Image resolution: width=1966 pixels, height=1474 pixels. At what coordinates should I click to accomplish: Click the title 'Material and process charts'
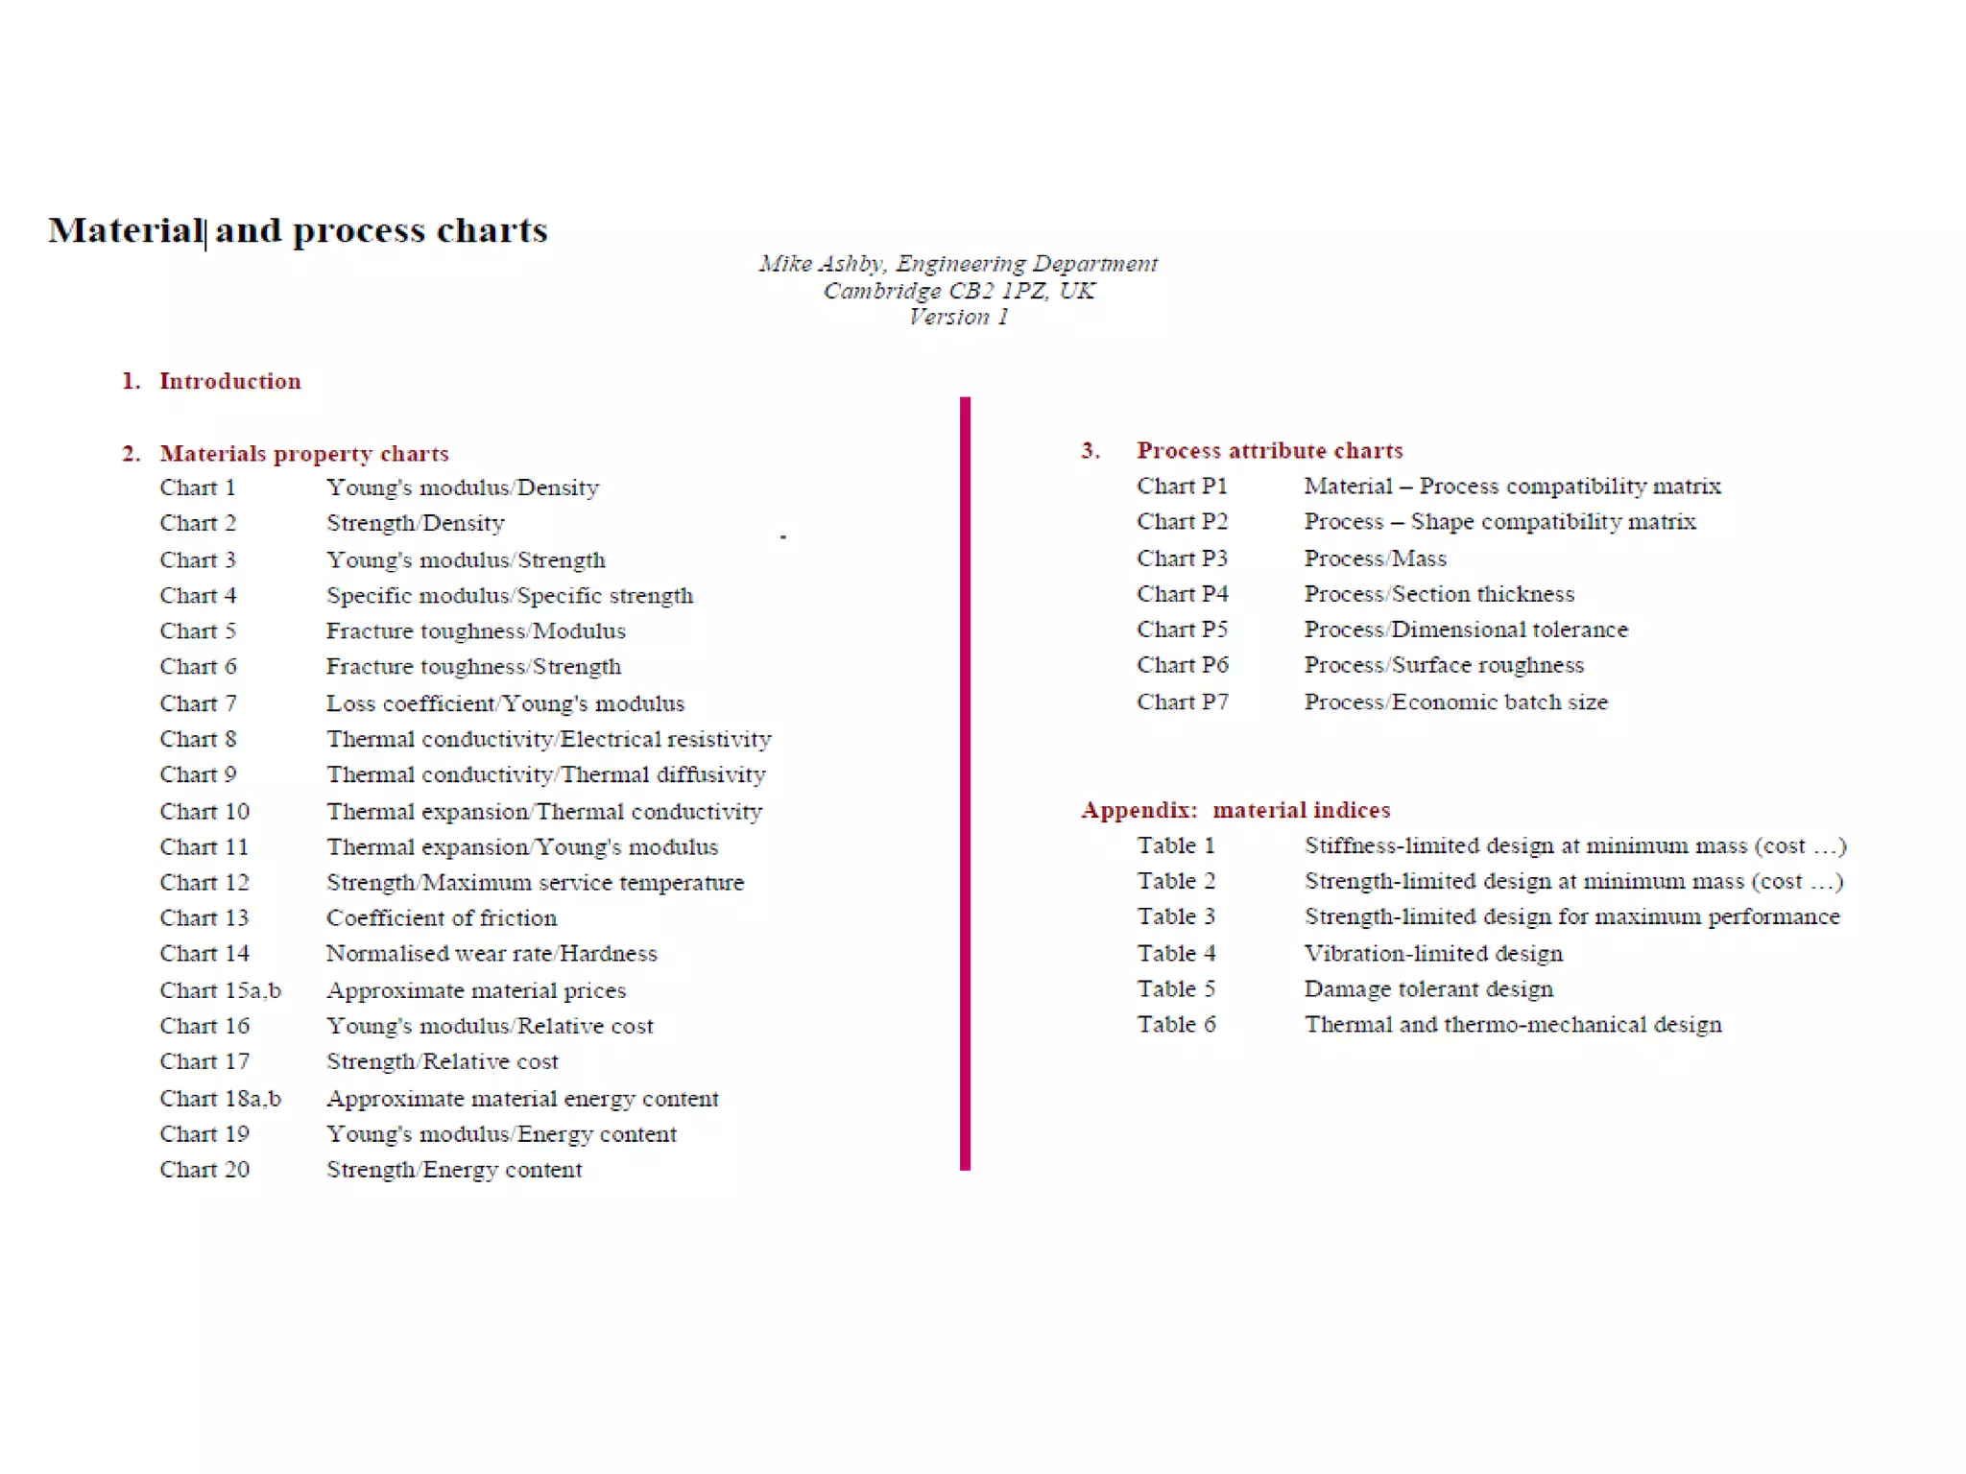coord(298,230)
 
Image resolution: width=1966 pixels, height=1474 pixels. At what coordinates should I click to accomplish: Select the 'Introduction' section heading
coord(229,381)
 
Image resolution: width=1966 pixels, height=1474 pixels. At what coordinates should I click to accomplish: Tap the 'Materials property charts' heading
coord(303,453)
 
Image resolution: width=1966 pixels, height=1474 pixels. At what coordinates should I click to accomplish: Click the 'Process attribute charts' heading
coord(1269,450)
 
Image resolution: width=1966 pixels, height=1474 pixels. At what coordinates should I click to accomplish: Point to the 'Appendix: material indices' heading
coord(1235,810)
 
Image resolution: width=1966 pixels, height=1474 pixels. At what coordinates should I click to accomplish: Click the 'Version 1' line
coord(958,317)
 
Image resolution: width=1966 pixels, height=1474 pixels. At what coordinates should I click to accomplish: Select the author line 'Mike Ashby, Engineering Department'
coord(958,263)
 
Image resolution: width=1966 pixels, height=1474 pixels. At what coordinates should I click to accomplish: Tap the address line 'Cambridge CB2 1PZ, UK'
coord(958,290)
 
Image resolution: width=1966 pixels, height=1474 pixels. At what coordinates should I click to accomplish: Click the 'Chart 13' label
coord(204,917)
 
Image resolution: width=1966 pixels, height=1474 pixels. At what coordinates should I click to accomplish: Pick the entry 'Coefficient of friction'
coord(441,917)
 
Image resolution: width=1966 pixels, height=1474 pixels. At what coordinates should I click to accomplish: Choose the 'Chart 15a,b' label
coord(220,990)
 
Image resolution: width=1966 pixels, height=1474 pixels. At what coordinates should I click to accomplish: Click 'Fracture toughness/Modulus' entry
coord(475,630)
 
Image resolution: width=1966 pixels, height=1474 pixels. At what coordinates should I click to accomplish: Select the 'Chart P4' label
coord(1182,594)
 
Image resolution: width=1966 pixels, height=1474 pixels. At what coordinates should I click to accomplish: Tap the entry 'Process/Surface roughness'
coord(1443,665)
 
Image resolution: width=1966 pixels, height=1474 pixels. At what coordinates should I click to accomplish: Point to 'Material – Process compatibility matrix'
coord(1512,486)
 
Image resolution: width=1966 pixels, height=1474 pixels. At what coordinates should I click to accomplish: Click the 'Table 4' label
coord(1176,953)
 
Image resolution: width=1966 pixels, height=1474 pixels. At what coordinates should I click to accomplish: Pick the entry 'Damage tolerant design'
coord(1427,988)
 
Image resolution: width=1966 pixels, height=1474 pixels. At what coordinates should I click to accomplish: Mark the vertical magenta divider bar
coord(965,783)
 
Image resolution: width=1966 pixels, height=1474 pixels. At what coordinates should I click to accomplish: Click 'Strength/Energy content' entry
coord(453,1170)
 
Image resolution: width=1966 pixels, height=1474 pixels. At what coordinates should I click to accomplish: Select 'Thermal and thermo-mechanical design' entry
coord(1512,1024)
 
